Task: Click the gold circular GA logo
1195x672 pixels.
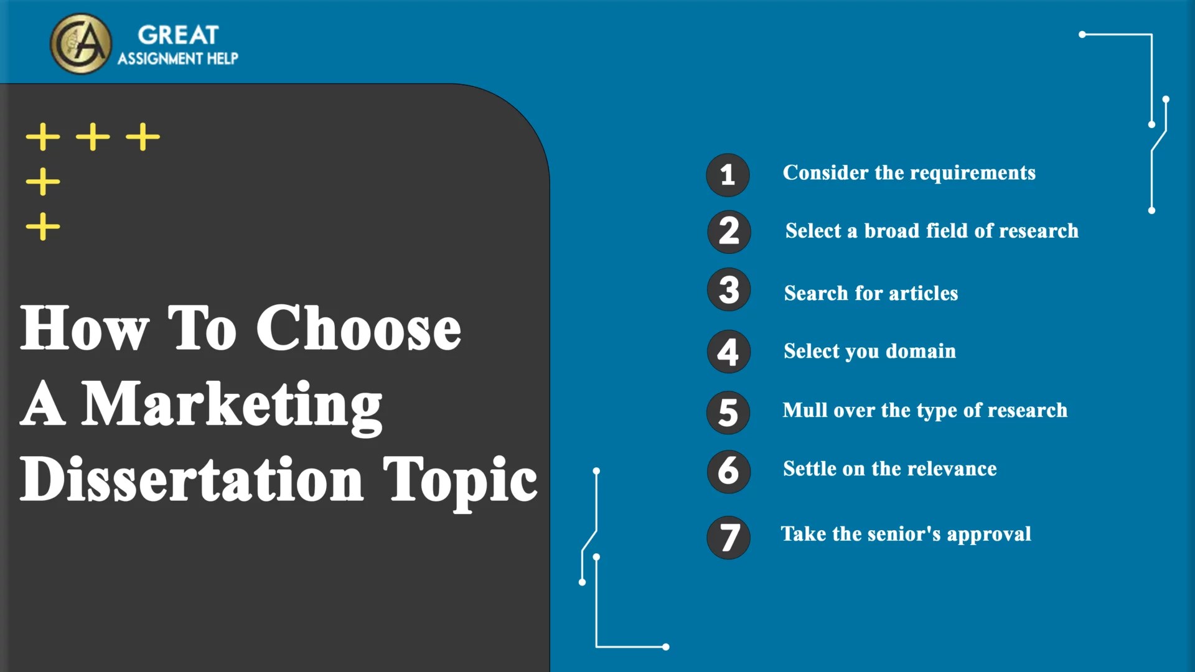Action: tap(81, 44)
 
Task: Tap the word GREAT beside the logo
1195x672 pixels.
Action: tap(178, 35)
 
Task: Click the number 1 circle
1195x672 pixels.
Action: tap(728, 175)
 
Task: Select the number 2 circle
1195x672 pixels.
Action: tap(729, 231)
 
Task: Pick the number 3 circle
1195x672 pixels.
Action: tap(729, 290)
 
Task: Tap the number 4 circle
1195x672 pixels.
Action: tap(728, 352)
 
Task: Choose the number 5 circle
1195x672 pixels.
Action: tap(728, 413)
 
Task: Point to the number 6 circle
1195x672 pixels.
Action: tap(728, 471)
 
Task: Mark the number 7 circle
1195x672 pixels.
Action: tap(729, 537)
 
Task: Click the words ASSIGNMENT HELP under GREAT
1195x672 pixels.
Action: tap(178, 58)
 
